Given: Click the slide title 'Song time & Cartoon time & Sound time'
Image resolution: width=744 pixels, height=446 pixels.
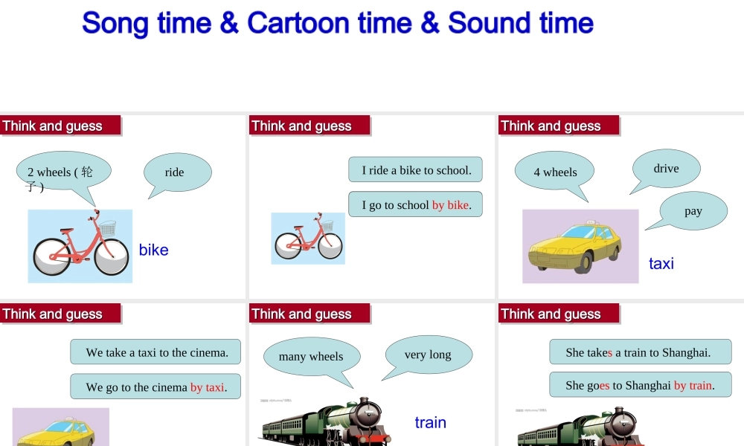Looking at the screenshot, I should [338, 23].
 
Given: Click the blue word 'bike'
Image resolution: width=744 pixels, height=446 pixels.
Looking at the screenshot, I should [153, 250].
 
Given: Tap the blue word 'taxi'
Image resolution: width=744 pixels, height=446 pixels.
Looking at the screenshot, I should [661, 263].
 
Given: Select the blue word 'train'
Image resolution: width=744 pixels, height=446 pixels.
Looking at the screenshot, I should [430, 422].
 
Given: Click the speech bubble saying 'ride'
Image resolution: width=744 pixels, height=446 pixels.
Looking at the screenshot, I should [176, 172].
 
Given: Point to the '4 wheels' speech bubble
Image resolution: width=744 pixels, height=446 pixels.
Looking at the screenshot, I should [555, 172].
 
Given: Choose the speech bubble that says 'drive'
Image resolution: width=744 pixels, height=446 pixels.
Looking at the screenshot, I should [666, 168].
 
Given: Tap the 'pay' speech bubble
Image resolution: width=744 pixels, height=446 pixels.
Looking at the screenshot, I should [693, 210].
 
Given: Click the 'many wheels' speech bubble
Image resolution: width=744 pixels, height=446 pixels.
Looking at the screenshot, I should [311, 356].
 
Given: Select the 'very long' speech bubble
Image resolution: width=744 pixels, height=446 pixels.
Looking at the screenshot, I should [428, 354].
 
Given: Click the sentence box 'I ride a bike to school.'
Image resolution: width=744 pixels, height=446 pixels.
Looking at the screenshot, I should [416, 170].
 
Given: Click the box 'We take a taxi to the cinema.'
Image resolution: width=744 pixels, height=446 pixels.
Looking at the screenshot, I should [155, 352].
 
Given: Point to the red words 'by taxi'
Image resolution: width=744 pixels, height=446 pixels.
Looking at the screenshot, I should [207, 387].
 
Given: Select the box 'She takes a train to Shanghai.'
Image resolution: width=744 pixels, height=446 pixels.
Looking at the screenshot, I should [638, 352].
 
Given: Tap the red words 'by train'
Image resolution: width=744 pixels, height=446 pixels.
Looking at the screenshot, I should [693, 385].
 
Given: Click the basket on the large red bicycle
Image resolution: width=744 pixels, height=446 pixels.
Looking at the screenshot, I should [108, 227].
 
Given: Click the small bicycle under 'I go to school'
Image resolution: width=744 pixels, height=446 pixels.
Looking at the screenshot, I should [308, 239].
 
